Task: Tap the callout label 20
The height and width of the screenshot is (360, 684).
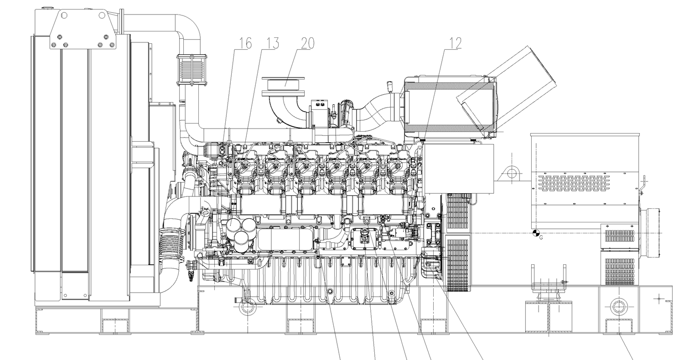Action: click(x=307, y=43)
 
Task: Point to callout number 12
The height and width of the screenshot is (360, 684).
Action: click(x=455, y=43)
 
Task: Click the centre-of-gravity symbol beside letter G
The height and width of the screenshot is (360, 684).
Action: click(x=536, y=233)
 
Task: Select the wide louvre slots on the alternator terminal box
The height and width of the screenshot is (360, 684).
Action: click(x=574, y=182)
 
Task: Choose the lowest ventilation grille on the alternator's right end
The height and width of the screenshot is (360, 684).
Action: click(x=619, y=272)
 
